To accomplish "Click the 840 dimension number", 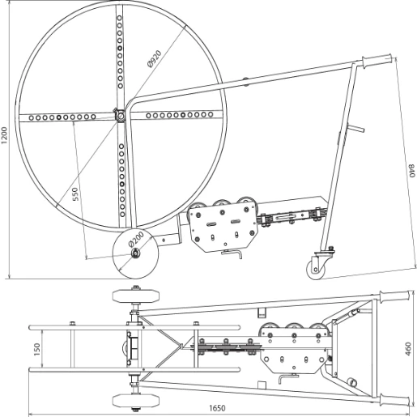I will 410,173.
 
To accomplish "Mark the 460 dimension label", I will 408,348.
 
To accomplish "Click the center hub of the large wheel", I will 120,116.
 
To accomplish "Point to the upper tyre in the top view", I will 126,296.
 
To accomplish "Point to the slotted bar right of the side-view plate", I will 292,218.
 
